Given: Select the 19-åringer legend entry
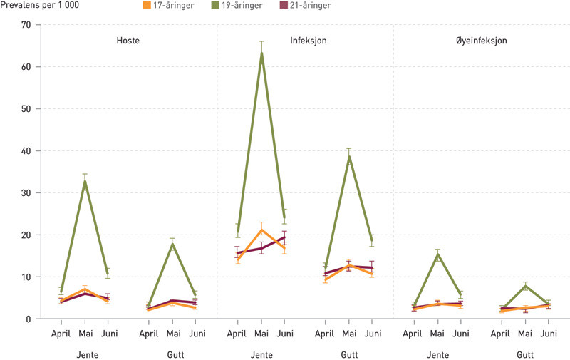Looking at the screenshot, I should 239,6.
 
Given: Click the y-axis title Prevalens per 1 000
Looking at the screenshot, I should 39,6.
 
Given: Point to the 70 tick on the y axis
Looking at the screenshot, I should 26,25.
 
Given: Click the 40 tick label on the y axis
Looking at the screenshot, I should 26,150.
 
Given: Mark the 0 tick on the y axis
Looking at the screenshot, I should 29,319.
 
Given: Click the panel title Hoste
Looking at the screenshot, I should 128,41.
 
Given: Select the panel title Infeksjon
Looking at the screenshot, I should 309,41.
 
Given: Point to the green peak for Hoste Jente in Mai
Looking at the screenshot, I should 85,181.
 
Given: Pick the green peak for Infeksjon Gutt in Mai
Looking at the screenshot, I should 349,156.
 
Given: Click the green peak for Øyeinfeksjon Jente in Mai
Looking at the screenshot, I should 438,254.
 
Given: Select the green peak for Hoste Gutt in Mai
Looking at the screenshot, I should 172,244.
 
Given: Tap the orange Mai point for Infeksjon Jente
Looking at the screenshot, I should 261,230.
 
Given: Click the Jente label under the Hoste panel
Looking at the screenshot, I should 84,354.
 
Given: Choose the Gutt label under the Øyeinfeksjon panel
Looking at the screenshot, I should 526,354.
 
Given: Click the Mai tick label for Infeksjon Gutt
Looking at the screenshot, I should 349,333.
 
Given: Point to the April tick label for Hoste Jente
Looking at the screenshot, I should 62,333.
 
